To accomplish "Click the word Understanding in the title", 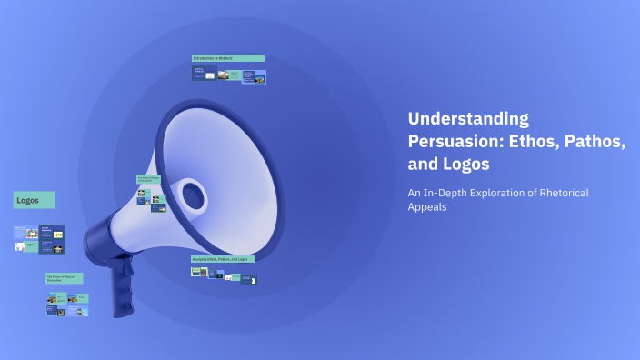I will point(468,118).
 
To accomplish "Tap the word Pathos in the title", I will point(587,142).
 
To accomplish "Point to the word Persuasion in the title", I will point(451,142).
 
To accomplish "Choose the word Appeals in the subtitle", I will point(427,207).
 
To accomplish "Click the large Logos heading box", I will point(34,200).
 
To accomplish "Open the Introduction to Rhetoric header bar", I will point(227,58).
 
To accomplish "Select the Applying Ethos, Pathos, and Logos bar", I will point(223,259).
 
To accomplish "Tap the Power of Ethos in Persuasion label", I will point(64,278).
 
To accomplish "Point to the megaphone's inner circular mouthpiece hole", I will point(193,194).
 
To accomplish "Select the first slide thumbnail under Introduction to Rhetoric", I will point(203,74).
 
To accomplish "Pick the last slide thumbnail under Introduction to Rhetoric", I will point(259,78).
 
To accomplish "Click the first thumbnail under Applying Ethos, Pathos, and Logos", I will point(195,270).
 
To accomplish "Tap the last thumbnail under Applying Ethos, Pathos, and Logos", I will point(254,279).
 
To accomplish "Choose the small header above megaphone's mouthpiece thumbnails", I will point(148,179).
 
